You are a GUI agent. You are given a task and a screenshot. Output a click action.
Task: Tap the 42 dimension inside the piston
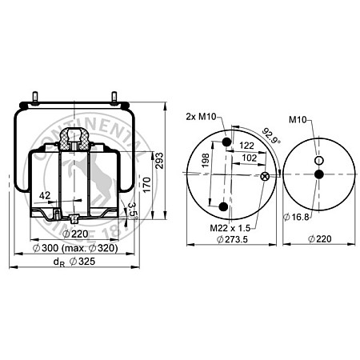point(44,194)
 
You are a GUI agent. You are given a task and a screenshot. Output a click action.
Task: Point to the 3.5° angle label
point(133,211)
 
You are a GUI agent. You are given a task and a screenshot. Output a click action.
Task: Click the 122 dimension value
point(247,146)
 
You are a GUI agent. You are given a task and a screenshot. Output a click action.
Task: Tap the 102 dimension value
point(248,158)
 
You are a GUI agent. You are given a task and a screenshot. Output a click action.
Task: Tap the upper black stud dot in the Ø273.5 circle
point(227,142)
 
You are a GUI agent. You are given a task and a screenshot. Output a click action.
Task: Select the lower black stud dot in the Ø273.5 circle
point(223,208)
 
